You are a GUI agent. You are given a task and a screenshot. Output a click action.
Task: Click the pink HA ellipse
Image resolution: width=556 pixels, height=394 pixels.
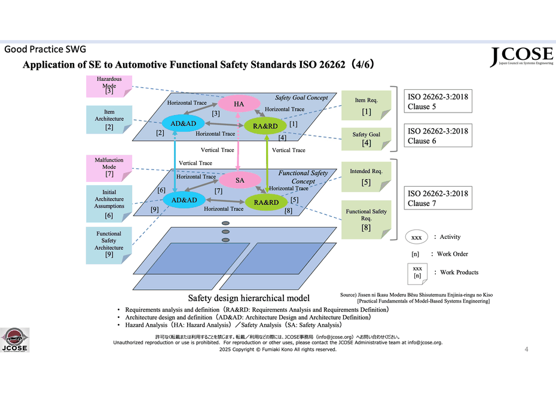point(239,104)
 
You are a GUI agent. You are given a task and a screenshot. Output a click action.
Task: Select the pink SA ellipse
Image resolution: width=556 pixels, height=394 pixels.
point(239,180)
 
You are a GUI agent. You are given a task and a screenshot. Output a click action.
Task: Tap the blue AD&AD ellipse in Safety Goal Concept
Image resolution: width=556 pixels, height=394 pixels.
point(184,124)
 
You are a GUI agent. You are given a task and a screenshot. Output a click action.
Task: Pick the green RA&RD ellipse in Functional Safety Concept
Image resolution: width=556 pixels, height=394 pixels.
point(266,202)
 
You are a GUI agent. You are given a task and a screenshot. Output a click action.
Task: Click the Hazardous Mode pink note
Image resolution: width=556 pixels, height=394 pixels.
point(109,86)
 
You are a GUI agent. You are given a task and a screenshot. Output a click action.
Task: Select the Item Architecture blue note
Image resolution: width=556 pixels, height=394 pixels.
point(109,119)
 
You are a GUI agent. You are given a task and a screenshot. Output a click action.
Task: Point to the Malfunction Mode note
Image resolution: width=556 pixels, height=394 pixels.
point(109,167)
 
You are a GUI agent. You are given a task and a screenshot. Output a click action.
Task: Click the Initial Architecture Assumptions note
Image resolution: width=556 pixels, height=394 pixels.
point(109,202)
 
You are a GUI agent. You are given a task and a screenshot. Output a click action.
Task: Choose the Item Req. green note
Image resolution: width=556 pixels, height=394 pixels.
point(366,105)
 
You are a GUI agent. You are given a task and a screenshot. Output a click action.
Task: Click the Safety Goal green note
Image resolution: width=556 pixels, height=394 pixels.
point(366,139)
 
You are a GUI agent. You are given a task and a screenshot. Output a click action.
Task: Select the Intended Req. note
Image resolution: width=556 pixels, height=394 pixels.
point(366,176)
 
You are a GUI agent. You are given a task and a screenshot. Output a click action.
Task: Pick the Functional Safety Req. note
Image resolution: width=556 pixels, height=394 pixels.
point(366,219)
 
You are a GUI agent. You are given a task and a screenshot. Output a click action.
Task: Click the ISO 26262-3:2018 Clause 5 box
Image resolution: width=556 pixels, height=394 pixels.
point(438,101)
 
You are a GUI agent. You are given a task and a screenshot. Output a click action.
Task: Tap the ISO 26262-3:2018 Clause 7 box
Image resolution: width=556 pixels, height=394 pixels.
point(438,199)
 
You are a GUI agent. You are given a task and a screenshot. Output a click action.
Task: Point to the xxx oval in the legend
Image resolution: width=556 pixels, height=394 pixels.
point(417,237)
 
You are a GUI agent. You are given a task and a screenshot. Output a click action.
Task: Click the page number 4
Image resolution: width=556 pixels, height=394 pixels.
point(526,348)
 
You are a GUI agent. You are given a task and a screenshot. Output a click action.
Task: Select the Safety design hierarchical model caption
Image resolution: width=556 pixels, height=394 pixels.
point(249,298)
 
